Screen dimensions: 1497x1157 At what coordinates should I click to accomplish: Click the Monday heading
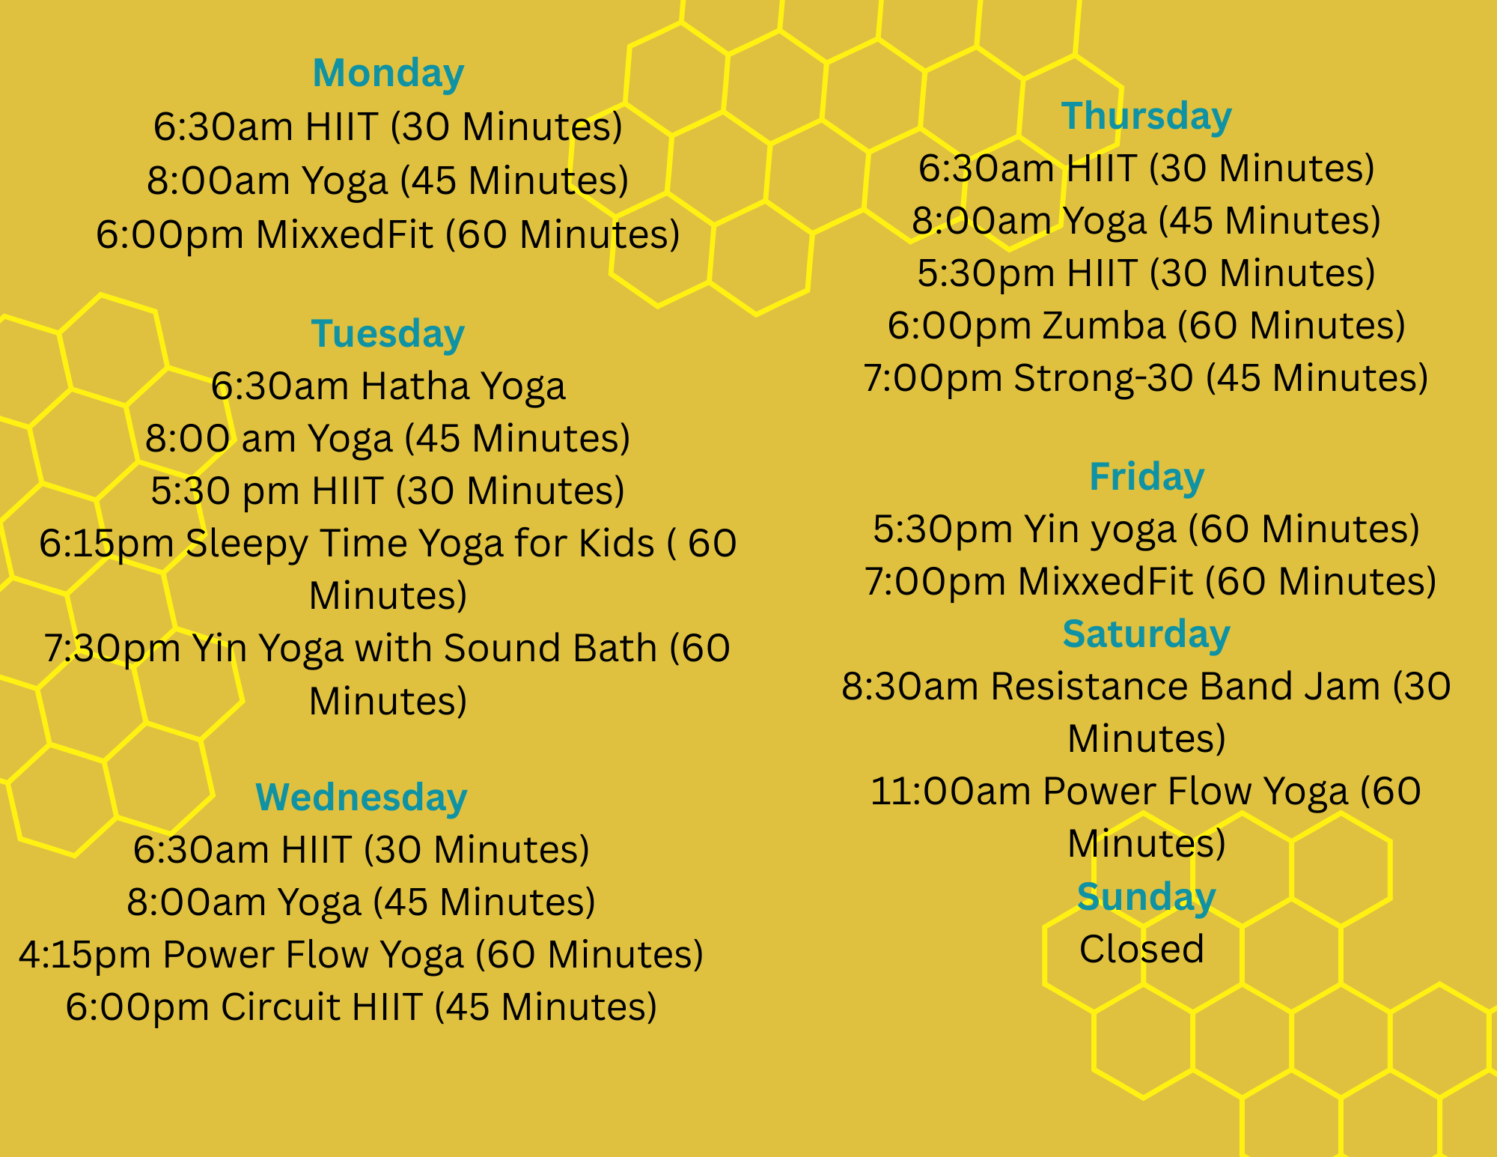[388, 73]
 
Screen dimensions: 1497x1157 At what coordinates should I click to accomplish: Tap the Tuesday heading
[388, 335]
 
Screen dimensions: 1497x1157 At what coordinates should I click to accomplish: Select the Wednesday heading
[362, 798]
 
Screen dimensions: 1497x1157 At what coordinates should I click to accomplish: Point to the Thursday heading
[1146, 117]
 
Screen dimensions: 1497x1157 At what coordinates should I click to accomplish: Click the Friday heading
[1147, 478]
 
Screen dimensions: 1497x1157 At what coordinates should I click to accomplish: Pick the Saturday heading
[1146, 635]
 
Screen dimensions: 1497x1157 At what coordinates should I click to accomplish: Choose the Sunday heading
[1146, 897]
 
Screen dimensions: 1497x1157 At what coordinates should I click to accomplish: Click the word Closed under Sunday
[1141, 949]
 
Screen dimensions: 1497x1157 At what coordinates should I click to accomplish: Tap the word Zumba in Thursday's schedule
[1103, 326]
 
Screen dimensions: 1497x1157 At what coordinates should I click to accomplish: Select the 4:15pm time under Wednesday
[85, 955]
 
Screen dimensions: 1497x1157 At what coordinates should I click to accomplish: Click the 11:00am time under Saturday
[951, 792]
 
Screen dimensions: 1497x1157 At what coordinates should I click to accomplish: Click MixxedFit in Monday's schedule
[344, 234]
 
